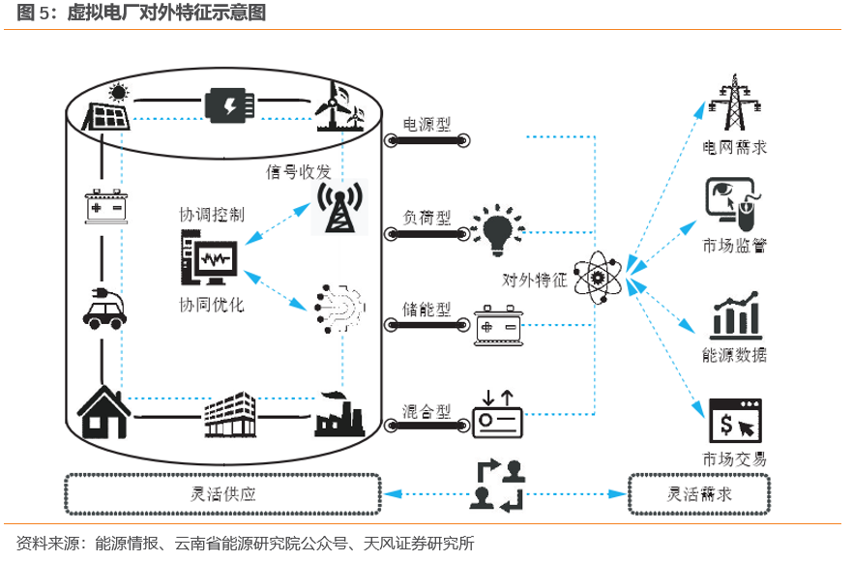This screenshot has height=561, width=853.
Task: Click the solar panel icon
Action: click(108, 109)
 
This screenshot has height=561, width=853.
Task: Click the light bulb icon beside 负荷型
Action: click(497, 230)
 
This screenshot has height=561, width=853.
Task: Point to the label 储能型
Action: click(426, 310)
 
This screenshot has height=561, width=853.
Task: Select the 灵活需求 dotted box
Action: click(699, 493)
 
